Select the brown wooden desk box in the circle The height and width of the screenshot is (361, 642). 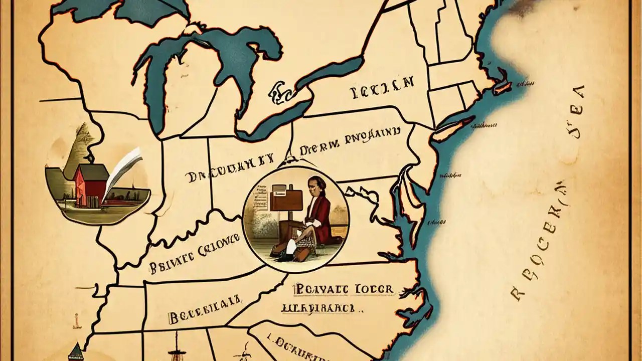click(286, 198)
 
